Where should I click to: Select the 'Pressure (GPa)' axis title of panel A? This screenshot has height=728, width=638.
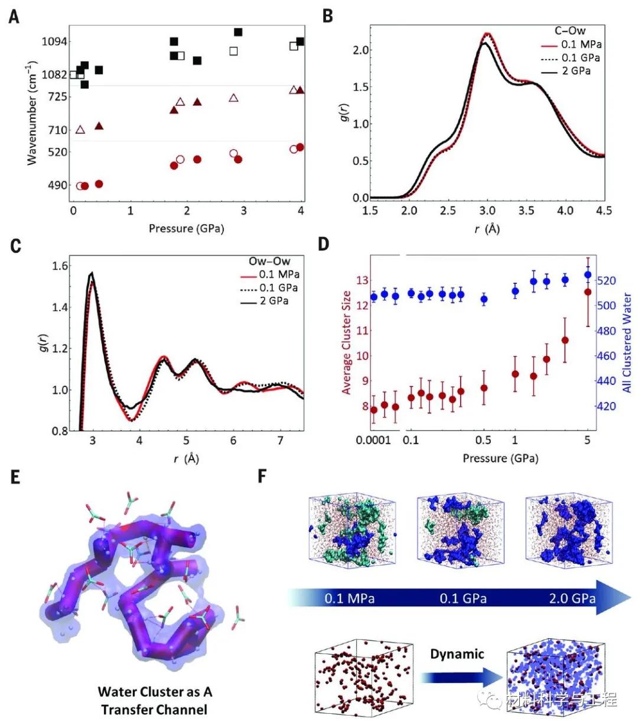pyautogui.click(x=186, y=228)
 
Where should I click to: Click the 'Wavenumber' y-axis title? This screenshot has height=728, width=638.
pyautogui.click(x=32, y=112)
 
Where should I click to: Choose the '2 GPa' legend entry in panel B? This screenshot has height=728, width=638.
pyautogui.click(x=577, y=71)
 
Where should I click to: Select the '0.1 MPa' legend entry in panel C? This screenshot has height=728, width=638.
pyautogui.click(x=279, y=274)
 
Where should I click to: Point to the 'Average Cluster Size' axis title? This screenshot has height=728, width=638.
pyautogui.click(x=346, y=342)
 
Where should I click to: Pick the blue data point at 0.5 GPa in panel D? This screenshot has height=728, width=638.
pyautogui.click(x=484, y=299)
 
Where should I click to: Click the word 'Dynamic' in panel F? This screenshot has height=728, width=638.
pyautogui.click(x=457, y=653)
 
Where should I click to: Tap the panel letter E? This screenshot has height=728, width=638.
pyautogui.click(x=15, y=476)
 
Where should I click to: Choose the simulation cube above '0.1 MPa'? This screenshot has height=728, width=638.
pyautogui.click(x=351, y=537)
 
